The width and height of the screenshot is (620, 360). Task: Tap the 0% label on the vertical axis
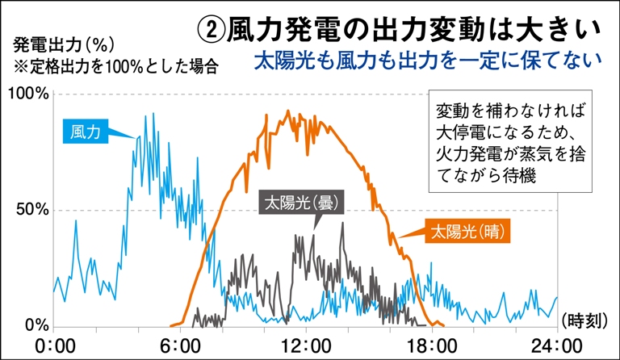coord(37,326)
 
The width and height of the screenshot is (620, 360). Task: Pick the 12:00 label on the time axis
coord(307,345)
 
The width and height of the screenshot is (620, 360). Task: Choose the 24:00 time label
coord(558,345)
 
